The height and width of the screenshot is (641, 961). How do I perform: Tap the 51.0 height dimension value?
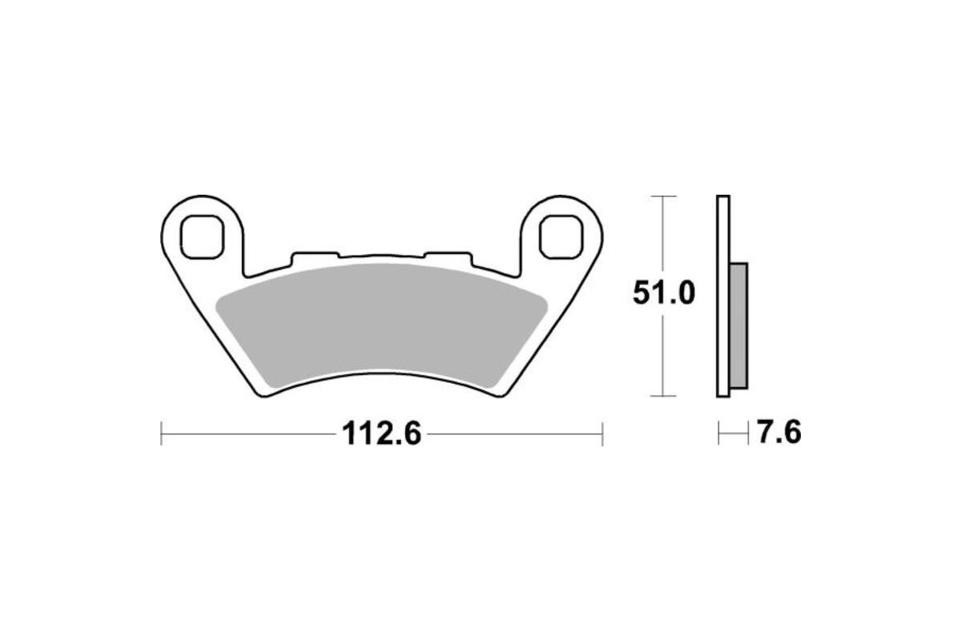(x=664, y=293)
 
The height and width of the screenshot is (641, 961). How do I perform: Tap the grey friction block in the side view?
(x=738, y=325)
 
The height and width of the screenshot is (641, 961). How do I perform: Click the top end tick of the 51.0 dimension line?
(x=662, y=196)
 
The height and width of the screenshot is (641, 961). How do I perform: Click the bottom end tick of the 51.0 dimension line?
(x=662, y=396)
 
